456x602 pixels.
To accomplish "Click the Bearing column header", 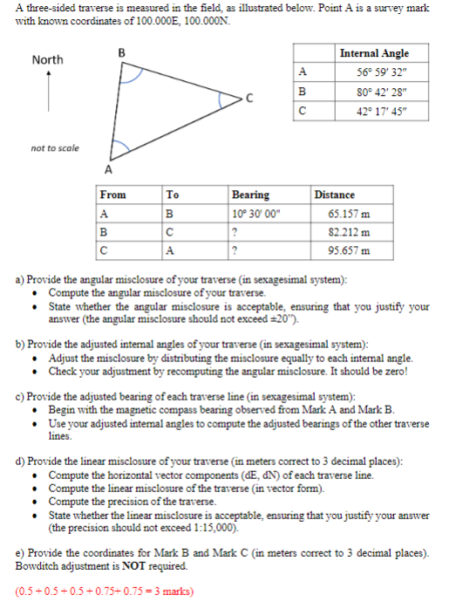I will coord(250,195).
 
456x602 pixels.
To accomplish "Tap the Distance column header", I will coord(335,195).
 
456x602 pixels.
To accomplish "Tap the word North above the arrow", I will coord(47,60).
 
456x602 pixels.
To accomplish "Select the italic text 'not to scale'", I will coord(54,147).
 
